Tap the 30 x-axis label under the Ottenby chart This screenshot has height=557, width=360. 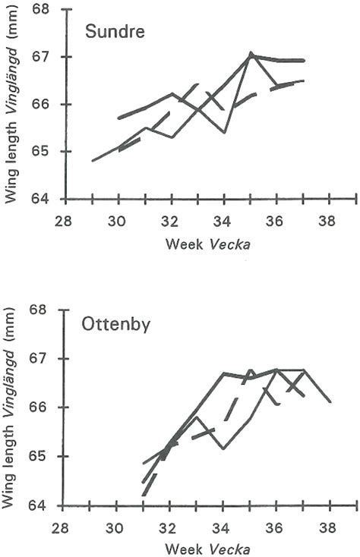[x=115, y=527]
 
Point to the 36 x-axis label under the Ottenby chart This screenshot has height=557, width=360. [x=277, y=527]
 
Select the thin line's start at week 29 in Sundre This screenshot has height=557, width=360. [x=92, y=161]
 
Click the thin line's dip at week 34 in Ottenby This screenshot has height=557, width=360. [x=223, y=448]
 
